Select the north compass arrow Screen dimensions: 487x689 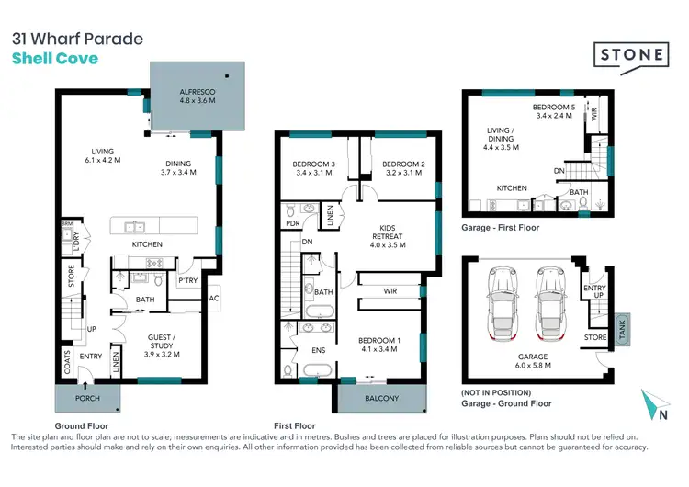651,403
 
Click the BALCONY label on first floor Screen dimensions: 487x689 381,398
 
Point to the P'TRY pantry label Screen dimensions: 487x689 188,280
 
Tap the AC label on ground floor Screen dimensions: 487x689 214,299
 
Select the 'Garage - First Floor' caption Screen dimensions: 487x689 501,227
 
